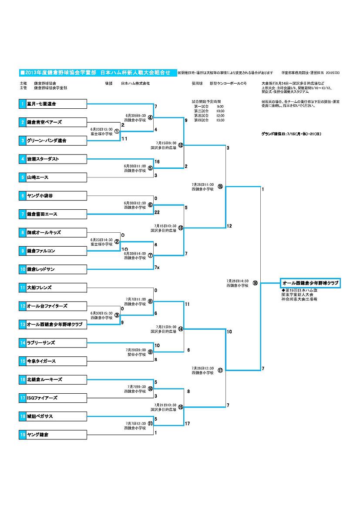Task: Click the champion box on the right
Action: (x=310, y=283)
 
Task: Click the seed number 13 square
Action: (x=22, y=325)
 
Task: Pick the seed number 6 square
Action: (x=22, y=196)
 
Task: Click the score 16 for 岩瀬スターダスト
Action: (x=157, y=161)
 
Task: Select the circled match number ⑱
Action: (x=255, y=283)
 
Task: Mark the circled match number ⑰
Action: (x=220, y=370)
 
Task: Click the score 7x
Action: (x=157, y=267)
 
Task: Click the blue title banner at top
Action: (x=98, y=72)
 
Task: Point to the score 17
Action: (x=187, y=423)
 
